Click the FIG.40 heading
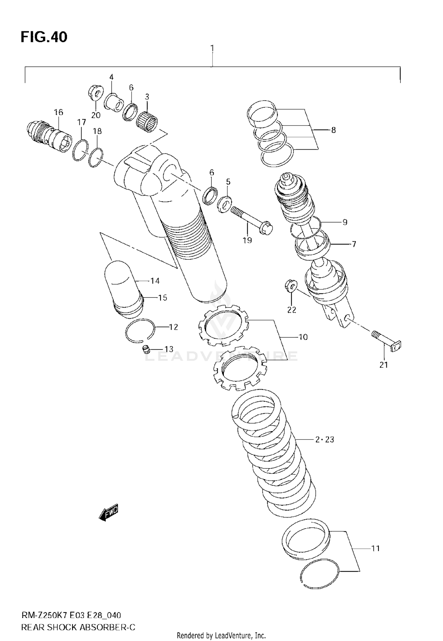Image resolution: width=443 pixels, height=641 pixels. [x=44, y=37]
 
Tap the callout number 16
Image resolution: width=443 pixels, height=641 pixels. [x=58, y=112]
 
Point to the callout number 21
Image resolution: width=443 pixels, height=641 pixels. [x=383, y=365]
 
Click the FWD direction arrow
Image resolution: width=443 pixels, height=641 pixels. [x=109, y=512]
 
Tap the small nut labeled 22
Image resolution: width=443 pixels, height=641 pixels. [x=291, y=285]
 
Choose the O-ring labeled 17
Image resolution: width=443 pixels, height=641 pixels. [x=80, y=150]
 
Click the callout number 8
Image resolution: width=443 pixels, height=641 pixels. [x=333, y=130]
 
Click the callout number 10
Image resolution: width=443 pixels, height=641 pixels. [x=303, y=337]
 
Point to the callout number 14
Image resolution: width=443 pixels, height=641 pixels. [x=155, y=281]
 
